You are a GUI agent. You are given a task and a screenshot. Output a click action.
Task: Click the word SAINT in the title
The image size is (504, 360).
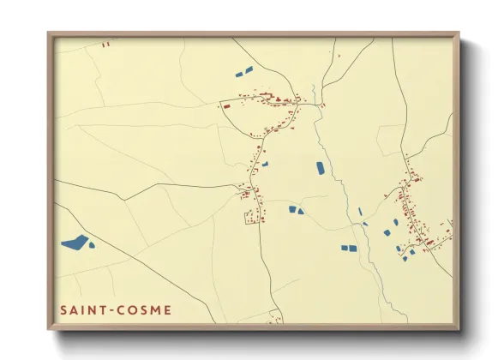[x=81, y=310]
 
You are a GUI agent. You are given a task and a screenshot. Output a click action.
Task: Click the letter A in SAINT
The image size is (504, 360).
[x=74, y=310]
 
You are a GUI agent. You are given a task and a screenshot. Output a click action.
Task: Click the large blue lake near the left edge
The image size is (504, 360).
[x=75, y=243]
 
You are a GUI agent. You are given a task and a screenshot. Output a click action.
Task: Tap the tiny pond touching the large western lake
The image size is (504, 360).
[x=92, y=245]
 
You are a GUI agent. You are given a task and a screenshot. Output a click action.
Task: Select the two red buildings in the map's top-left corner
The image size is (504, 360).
[x=105, y=44]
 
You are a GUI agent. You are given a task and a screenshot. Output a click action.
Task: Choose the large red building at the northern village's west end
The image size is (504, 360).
[x=226, y=106]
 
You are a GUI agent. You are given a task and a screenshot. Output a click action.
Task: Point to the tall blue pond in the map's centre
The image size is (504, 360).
[x=321, y=168]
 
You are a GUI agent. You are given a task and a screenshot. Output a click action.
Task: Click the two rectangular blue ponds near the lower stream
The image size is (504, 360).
[x=348, y=249]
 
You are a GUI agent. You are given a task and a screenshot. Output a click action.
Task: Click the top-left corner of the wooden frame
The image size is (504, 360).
[x=49, y=34]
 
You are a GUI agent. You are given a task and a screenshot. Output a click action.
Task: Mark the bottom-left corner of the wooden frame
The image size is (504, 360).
[x=49, y=329]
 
